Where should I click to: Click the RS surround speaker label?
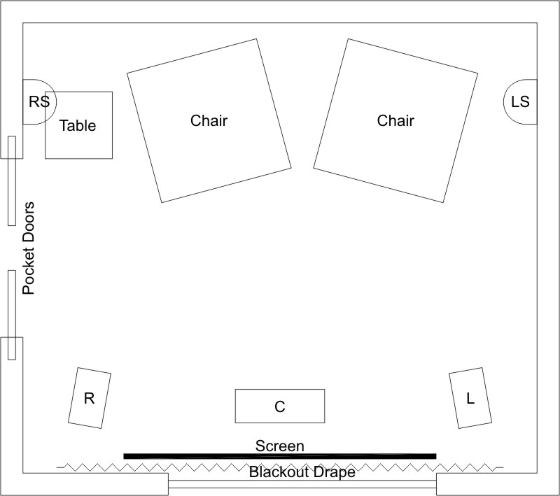point(39,101)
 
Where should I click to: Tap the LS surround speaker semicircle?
point(504,101)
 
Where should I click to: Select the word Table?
point(78,126)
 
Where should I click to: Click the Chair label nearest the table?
point(209,120)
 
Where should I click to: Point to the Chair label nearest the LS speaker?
point(395,120)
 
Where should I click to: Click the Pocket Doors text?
point(29,248)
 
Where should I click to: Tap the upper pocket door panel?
point(12,180)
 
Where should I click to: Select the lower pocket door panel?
point(12,315)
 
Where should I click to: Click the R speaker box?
point(90,398)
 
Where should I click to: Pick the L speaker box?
point(470,398)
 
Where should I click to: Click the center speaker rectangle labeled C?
point(280,406)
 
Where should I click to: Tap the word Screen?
point(279,446)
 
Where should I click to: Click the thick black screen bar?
point(280,456)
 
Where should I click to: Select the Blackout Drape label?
point(302,472)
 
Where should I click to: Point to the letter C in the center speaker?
point(280,406)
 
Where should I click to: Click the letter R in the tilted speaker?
point(90,398)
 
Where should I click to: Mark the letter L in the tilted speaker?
point(470,398)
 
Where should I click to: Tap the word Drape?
point(335,472)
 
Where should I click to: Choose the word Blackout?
point(279,472)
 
